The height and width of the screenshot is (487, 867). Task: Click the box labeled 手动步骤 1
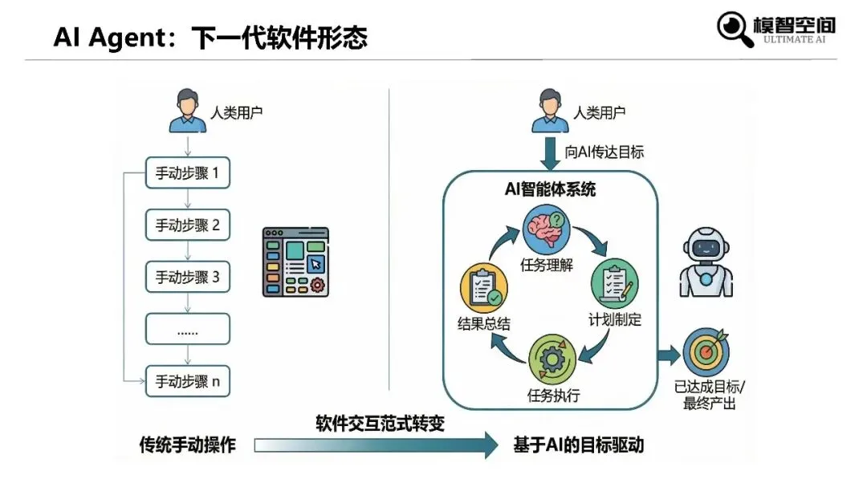(187, 172)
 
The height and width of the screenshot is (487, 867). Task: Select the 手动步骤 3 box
(187, 278)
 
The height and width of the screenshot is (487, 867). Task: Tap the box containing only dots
(187, 330)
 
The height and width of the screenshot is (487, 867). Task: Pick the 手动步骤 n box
(187, 381)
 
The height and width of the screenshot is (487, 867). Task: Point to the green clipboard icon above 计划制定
(614, 281)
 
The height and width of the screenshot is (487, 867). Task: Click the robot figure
(707, 261)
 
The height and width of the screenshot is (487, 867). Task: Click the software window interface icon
(295, 261)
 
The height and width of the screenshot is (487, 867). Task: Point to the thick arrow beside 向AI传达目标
(550, 153)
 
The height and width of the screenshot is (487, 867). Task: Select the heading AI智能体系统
(550, 191)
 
